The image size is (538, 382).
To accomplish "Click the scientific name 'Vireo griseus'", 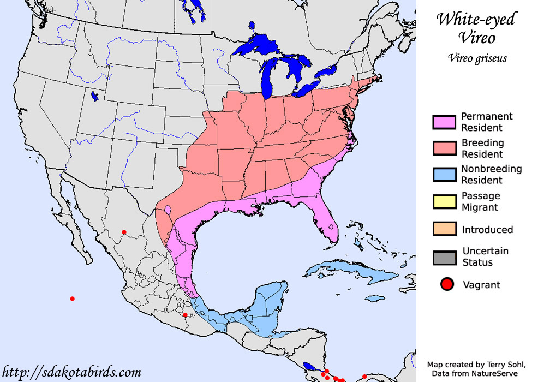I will (476, 58).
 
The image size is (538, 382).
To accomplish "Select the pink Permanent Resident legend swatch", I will (444, 122).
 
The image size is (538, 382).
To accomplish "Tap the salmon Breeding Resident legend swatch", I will (444, 148).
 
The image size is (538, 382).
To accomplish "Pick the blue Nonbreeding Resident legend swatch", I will (444, 175).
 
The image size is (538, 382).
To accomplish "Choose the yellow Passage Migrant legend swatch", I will (444, 201).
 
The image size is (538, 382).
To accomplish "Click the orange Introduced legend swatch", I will (444, 229).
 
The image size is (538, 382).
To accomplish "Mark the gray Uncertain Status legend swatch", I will (444, 257).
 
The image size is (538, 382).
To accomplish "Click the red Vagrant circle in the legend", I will (447, 284).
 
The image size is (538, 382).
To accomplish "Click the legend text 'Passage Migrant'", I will (481, 201).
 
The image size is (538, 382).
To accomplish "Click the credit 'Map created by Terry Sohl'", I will (474, 365).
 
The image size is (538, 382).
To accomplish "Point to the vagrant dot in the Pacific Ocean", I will (72, 299).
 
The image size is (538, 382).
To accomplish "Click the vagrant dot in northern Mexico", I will (124, 232).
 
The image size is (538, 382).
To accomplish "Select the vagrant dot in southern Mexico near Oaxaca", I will (185, 315).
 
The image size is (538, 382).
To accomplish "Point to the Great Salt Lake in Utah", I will (95, 97).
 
